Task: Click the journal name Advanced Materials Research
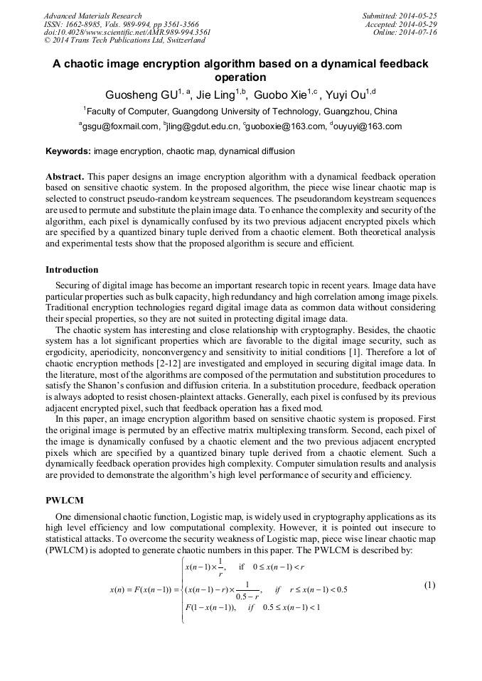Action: (x=92, y=16)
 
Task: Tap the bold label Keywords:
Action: (x=68, y=152)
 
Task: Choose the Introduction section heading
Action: (x=72, y=270)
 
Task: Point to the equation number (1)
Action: (x=429, y=585)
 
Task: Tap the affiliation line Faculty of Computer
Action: (x=242, y=111)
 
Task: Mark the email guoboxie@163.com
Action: (x=284, y=127)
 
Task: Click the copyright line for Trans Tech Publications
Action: (x=124, y=41)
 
